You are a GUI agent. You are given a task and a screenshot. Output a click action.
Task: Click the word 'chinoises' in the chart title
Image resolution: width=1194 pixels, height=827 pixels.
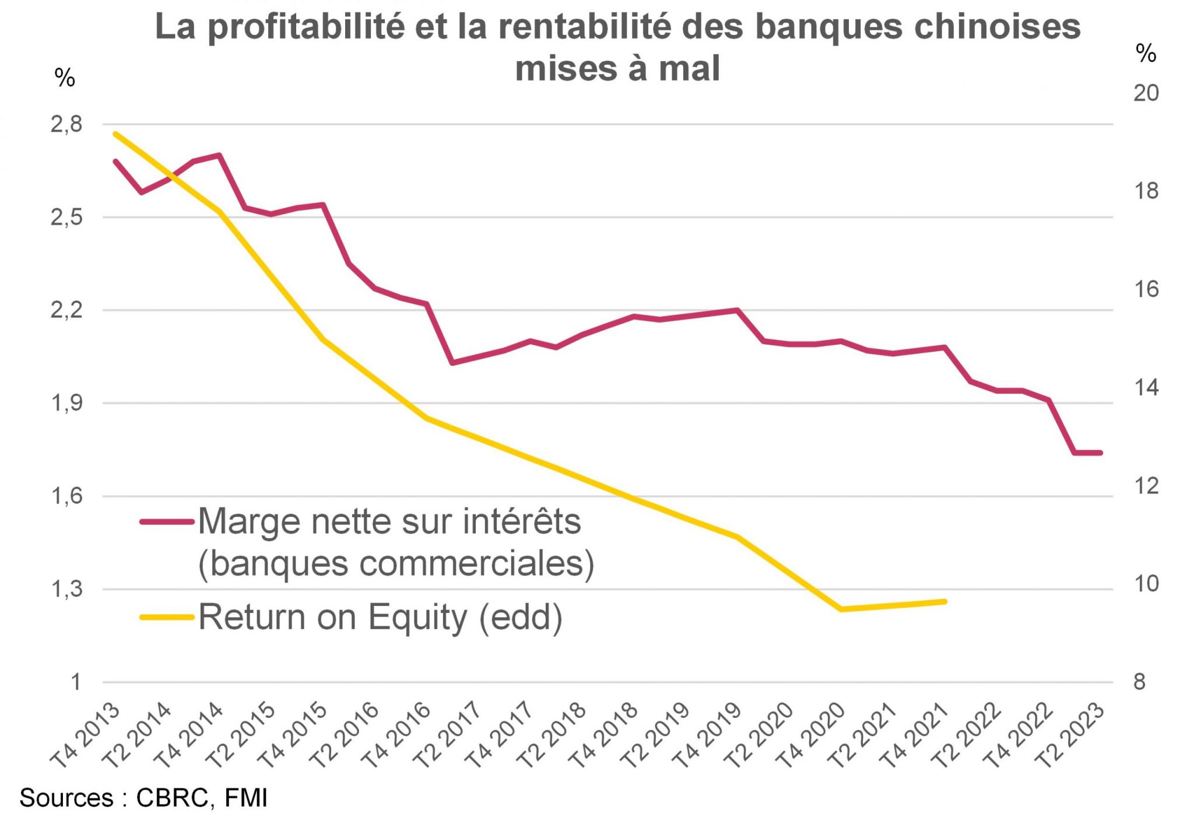[x=997, y=27]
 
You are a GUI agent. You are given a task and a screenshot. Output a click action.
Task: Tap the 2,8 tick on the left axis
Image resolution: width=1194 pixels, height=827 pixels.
[x=66, y=124]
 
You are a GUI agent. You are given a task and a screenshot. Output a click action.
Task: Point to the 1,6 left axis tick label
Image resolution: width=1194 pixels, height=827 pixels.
[x=66, y=496]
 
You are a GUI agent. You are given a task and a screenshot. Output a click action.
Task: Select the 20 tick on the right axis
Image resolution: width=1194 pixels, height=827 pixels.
[x=1146, y=93]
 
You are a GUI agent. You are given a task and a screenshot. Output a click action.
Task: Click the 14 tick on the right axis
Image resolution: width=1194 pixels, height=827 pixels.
[x=1146, y=388]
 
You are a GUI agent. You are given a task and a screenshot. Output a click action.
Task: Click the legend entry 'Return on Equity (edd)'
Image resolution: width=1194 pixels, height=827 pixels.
[x=381, y=617]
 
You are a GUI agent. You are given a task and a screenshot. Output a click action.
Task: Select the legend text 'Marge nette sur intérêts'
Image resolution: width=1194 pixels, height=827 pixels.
[x=389, y=521]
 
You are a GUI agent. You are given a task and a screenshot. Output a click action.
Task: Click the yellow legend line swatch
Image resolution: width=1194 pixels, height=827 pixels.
[x=166, y=617]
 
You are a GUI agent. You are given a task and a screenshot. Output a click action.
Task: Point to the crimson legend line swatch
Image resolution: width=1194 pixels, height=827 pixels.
[x=166, y=522]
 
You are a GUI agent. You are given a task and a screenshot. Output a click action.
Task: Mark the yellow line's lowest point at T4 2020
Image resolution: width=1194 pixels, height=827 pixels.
[x=841, y=609]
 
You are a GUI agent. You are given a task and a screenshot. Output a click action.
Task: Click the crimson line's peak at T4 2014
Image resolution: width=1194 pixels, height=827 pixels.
[x=219, y=155]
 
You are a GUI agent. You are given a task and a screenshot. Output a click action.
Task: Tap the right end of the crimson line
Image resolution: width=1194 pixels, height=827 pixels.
[x=1100, y=453]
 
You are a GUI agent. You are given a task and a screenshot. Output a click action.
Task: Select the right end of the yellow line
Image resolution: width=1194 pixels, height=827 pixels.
[x=944, y=601]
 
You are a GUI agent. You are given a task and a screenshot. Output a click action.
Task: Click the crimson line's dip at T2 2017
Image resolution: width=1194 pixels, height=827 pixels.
[x=452, y=363]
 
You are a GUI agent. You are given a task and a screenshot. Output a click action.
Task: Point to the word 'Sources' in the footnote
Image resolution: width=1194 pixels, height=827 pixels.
[x=66, y=798]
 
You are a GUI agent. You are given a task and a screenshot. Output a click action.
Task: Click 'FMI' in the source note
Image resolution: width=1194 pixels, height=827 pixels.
[x=245, y=798]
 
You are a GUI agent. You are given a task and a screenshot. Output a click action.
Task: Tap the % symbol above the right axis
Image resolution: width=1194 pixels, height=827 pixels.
[x=1146, y=54]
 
